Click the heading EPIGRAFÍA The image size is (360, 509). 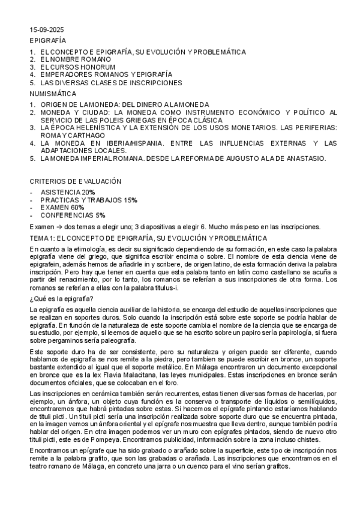[48, 40]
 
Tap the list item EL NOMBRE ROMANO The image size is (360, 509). [76, 59]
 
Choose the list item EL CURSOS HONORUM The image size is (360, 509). [77, 67]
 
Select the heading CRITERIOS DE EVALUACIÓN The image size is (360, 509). [76, 181]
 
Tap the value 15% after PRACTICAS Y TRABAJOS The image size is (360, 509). [130, 199]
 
